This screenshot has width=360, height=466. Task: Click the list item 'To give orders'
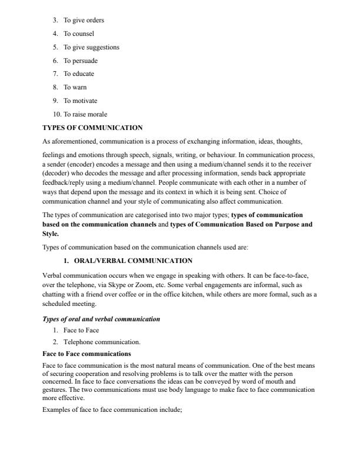[84, 21]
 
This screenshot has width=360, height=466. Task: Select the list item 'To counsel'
[79, 34]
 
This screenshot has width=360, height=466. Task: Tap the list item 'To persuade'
[81, 61]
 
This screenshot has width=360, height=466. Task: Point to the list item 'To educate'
[79, 74]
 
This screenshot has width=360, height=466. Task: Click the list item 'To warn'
[75, 87]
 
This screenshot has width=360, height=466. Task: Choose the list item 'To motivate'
[81, 101]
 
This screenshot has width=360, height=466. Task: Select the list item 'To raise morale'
[85, 114]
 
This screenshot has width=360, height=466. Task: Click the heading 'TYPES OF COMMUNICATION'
[92, 127]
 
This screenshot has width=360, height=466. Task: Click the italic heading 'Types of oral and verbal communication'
[101, 319]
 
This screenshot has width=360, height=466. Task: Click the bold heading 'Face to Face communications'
[87, 354]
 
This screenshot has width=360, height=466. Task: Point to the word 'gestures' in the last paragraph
[55, 390]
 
